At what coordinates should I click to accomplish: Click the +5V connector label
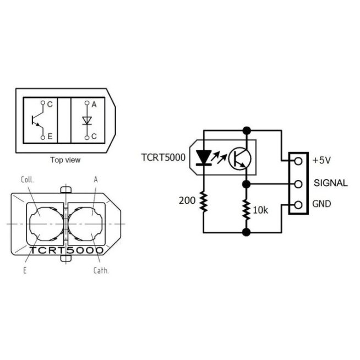click(x=321, y=161)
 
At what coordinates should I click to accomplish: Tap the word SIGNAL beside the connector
click(x=330, y=183)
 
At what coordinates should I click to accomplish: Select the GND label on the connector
click(x=323, y=204)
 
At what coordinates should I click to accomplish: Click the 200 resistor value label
click(x=187, y=200)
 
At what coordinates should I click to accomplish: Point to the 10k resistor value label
click(x=260, y=210)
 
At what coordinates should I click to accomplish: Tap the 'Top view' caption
click(x=65, y=160)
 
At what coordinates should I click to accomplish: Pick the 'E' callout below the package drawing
click(x=25, y=270)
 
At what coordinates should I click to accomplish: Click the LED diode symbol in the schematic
click(x=204, y=159)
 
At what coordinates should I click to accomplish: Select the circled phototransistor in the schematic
click(x=240, y=159)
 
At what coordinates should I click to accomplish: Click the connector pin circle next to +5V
click(x=298, y=161)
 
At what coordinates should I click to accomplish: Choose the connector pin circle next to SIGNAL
click(x=298, y=183)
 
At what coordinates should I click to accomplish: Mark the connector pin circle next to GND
click(x=298, y=205)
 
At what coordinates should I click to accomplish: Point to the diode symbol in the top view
click(x=86, y=121)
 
